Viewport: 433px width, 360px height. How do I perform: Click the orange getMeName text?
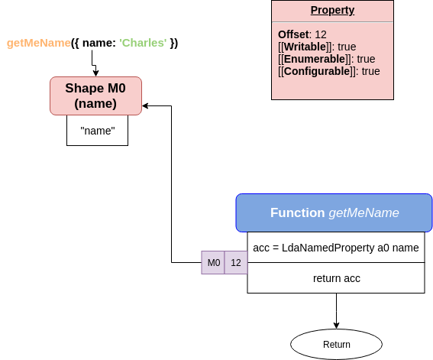[39, 43]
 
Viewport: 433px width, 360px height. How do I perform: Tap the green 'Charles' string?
[143, 43]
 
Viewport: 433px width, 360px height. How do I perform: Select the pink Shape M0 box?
[95, 96]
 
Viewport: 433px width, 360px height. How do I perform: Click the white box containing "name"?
[97, 131]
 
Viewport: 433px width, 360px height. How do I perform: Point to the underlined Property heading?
[332, 10]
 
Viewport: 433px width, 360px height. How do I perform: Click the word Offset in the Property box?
[293, 34]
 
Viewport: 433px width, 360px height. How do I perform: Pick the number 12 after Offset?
[321, 34]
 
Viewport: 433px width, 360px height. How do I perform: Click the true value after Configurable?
[370, 71]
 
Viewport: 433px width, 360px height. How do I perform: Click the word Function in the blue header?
[297, 212]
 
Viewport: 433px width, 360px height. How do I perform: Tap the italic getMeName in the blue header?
[364, 212]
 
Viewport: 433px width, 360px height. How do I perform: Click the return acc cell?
[336, 278]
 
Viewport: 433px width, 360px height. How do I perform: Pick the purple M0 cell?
[213, 263]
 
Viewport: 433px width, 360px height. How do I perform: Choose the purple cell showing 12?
[236, 263]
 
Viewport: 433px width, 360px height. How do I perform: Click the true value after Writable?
[347, 47]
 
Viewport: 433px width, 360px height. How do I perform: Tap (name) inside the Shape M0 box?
[95, 103]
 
